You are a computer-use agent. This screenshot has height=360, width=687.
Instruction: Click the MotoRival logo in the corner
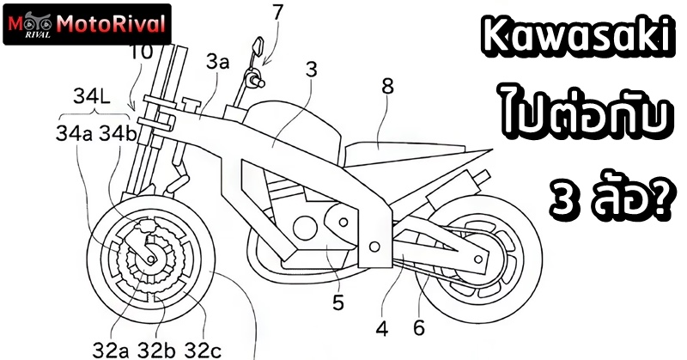87,25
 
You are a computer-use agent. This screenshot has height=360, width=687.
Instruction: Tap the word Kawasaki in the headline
577,38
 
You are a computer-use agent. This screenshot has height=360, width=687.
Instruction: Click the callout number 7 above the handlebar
277,14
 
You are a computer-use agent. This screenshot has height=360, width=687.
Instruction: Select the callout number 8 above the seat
387,87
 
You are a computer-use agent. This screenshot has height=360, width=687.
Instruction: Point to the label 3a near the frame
218,63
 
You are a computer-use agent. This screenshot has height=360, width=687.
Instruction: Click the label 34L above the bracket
92,96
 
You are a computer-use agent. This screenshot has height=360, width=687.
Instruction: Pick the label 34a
74,134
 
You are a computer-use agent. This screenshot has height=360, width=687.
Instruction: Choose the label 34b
119,134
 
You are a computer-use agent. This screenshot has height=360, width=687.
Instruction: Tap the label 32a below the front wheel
111,350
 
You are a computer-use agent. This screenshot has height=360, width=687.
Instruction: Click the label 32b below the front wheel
157,350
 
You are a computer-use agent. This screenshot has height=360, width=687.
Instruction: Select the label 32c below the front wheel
203,350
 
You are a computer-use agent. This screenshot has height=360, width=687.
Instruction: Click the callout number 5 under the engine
338,302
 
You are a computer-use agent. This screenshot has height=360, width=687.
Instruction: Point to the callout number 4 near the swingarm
382,328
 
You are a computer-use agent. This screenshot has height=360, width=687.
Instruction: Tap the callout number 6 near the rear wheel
419,327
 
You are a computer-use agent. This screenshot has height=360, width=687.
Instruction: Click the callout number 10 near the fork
140,52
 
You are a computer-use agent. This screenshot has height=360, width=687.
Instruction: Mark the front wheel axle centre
151,259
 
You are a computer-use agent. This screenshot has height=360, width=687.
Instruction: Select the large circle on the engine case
305,228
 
